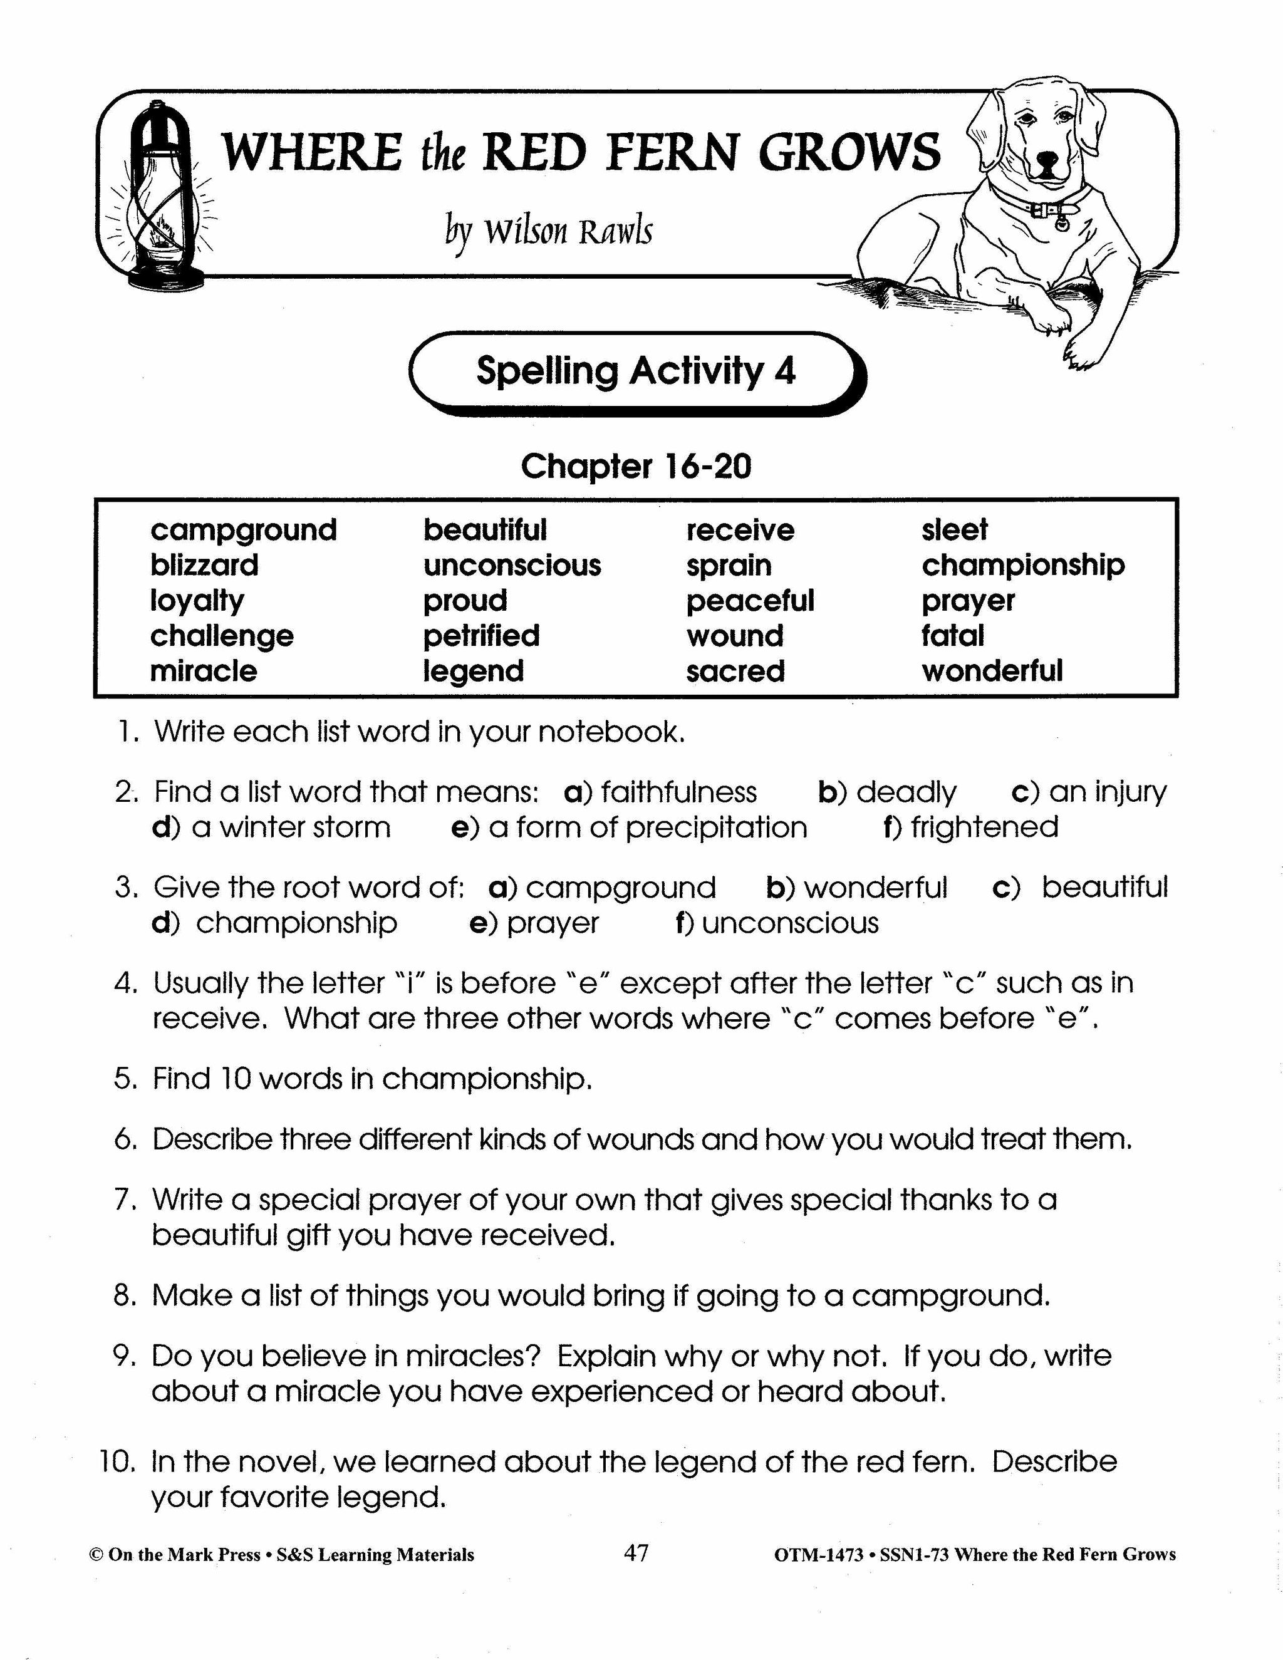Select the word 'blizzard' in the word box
(x=204, y=565)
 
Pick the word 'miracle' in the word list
(x=203, y=670)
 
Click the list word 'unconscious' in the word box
(x=512, y=565)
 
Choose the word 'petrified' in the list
(x=481, y=635)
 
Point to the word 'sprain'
(x=728, y=565)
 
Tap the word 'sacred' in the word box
(x=735, y=670)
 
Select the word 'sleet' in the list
(x=954, y=530)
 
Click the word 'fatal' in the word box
(x=952, y=635)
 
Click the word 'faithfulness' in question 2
(x=678, y=792)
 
